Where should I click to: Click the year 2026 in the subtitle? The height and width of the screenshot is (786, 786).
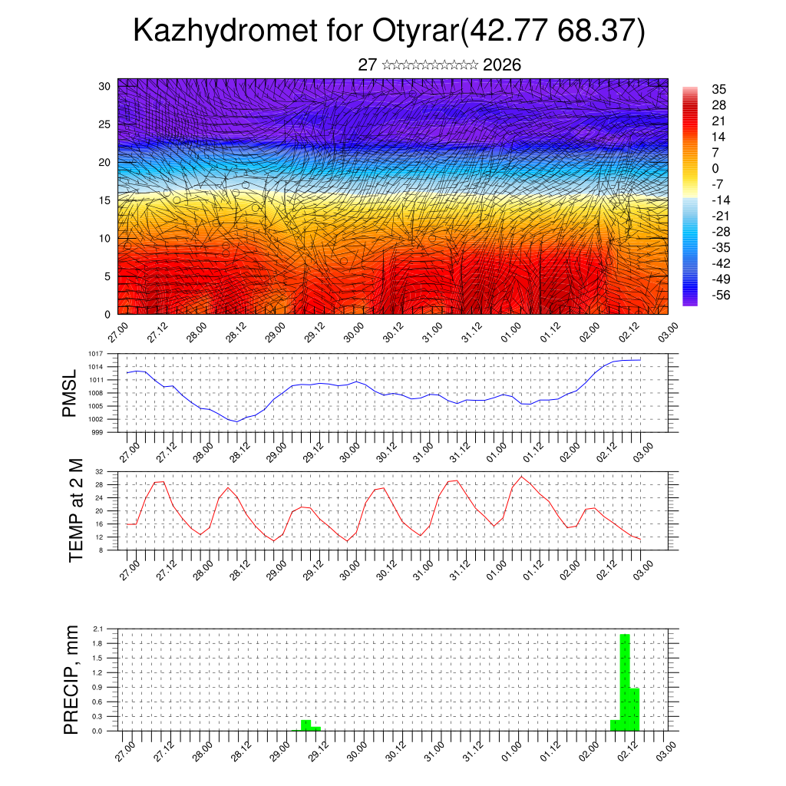502,65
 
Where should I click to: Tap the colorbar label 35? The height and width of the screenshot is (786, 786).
720,90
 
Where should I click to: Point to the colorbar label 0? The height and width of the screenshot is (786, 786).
716,168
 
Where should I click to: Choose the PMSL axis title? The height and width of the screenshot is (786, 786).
71,393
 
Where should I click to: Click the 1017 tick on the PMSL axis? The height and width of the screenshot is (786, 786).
95,354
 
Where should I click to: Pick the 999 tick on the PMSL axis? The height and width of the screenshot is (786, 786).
97,432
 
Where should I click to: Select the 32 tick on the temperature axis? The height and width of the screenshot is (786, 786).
100,471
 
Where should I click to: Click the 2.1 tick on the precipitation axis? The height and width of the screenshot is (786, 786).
97,629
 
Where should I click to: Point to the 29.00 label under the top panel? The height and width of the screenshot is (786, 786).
274,332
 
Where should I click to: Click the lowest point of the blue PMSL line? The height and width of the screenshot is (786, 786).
236,421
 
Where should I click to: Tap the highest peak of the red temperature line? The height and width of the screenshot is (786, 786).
521,477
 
